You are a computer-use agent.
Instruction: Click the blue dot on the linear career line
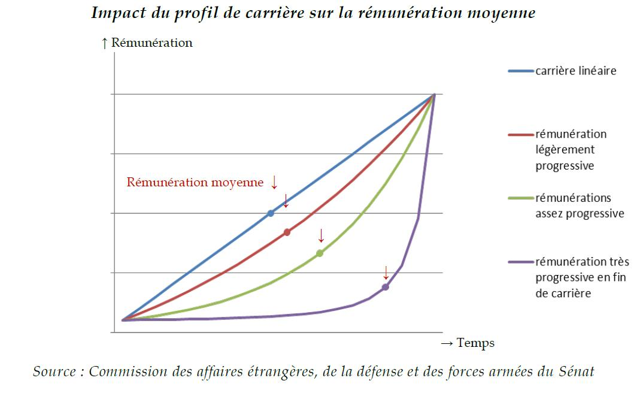click(271, 213)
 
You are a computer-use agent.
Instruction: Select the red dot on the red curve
click(287, 232)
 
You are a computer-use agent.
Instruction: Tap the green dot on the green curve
click(320, 253)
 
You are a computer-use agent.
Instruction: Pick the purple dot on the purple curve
click(386, 287)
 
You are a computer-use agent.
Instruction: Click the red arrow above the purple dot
click(386, 273)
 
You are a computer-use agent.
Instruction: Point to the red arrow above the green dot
click(321, 234)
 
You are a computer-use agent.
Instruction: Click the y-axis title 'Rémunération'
click(151, 43)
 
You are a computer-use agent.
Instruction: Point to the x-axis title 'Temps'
click(475, 343)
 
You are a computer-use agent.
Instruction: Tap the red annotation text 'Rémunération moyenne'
click(195, 182)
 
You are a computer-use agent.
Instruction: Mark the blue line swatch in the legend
click(520, 71)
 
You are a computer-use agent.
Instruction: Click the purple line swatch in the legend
click(520, 262)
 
